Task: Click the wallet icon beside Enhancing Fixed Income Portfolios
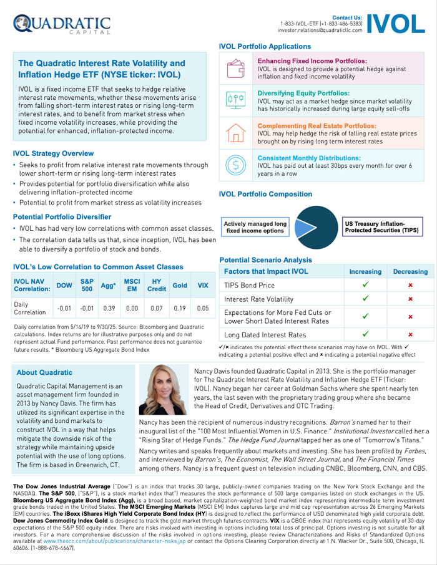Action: [x=236, y=68]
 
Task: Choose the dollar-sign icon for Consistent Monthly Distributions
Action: [x=236, y=165]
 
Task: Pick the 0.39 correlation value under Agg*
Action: [x=109, y=307]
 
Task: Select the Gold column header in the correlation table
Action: [x=180, y=285]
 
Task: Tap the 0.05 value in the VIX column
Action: [x=202, y=307]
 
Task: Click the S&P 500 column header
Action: [x=87, y=285]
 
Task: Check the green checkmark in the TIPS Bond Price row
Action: [x=365, y=285]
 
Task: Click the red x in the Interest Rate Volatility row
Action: [x=410, y=299]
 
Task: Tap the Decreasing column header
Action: [x=410, y=271]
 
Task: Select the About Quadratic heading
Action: [x=44, y=373]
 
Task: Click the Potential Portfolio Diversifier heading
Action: [x=62, y=216]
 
